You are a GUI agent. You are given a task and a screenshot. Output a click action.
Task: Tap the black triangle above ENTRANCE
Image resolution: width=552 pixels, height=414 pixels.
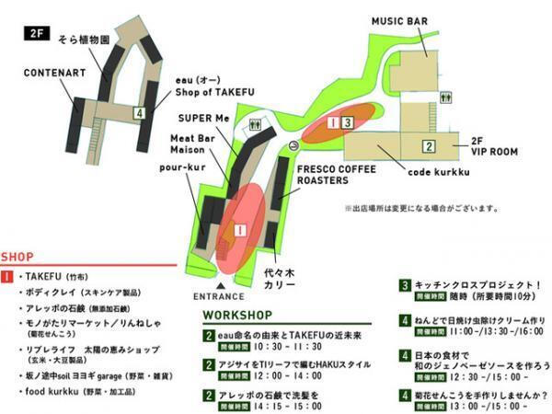click(219, 285)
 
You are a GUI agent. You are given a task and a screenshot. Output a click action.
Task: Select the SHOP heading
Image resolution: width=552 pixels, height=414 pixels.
click(17, 257)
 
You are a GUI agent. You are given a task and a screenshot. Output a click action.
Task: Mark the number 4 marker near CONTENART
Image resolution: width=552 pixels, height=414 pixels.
click(138, 113)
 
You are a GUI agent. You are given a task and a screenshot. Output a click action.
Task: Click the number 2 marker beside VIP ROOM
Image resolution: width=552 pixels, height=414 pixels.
click(428, 145)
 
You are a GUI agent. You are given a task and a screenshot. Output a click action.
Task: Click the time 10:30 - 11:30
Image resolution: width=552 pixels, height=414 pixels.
click(276, 348)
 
